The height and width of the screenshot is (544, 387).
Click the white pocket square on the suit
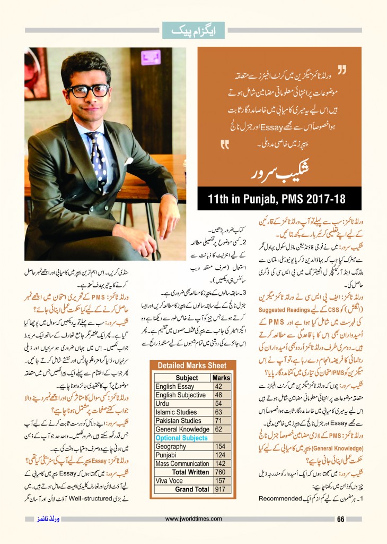[x=129, y=160]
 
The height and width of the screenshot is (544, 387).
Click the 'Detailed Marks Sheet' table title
[x=191, y=366]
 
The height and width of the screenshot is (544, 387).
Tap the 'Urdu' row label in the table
[x=162, y=404]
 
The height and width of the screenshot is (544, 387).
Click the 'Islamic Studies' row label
[x=176, y=412]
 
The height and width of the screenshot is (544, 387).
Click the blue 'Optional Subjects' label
[x=181, y=438]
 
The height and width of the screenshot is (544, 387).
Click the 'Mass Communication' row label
[x=182, y=464]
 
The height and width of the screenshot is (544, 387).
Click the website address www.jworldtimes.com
[x=194, y=519]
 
